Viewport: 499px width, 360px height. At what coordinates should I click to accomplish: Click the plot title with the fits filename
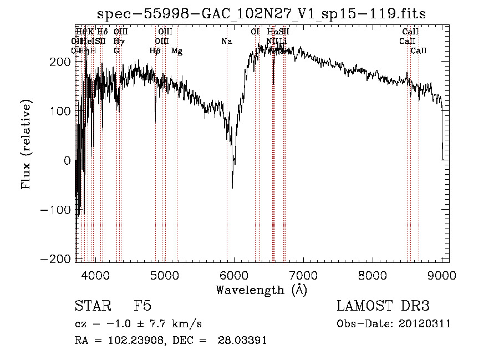(262, 14)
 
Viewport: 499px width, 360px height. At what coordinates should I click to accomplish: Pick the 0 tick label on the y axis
(67, 161)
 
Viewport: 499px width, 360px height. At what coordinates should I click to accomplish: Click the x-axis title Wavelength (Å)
(261, 290)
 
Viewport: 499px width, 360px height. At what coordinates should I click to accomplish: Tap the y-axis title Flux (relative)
(27, 144)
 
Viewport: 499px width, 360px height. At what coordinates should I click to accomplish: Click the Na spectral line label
(226, 42)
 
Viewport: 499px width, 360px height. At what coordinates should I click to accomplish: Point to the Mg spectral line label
(176, 51)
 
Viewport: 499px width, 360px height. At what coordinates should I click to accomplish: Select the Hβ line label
(155, 51)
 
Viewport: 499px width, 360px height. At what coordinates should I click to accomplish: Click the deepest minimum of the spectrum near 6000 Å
(232, 187)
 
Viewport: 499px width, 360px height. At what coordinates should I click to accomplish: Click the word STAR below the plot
(92, 307)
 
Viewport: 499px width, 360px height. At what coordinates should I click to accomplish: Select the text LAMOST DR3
(383, 307)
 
